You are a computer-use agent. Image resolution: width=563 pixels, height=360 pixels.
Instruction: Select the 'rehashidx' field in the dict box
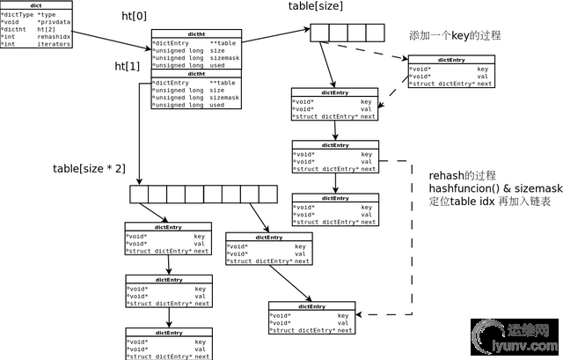click(x=55, y=37)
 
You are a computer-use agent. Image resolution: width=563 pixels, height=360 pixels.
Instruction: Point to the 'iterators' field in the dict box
click(x=55, y=44)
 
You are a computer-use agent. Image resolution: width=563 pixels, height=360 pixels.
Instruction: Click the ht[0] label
click(x=135, y=18)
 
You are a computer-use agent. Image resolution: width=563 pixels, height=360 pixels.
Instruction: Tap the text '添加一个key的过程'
click(x=455, y=36)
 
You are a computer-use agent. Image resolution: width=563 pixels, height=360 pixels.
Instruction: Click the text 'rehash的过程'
click(x=463, y=175)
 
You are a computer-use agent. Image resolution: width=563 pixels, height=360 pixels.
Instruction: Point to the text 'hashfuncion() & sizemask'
click(x=494, y=189)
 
